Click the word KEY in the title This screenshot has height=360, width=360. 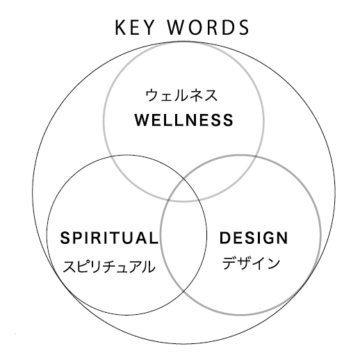[x=135, y=27]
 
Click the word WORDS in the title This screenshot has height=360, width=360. [x=208, y=27]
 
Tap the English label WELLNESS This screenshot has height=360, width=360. [x=183, y=120]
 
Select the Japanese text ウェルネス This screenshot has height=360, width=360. [x=181, y=95]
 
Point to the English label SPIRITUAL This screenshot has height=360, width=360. [x=109, y=238]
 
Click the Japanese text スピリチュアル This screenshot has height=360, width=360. [x=109, y=266]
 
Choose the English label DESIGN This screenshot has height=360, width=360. [x=254, y=238]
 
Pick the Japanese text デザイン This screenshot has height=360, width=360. [x=251, y=263]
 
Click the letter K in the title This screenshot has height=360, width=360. [x=120, y=28]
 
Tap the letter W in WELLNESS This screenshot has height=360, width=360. [x=142, y=120]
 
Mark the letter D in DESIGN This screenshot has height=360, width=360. [x=225, y=238]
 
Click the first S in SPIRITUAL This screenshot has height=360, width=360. [x=65, y=238]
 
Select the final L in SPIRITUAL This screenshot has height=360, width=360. [x=154, y=238]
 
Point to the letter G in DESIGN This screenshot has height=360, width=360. [x=267, y=238]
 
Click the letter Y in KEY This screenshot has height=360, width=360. [x=149, y=28]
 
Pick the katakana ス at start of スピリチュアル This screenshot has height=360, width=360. [x=69, y=266]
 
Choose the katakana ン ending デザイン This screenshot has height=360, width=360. [x=273, y=263]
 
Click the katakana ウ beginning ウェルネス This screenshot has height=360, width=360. [x=152, y=95]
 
